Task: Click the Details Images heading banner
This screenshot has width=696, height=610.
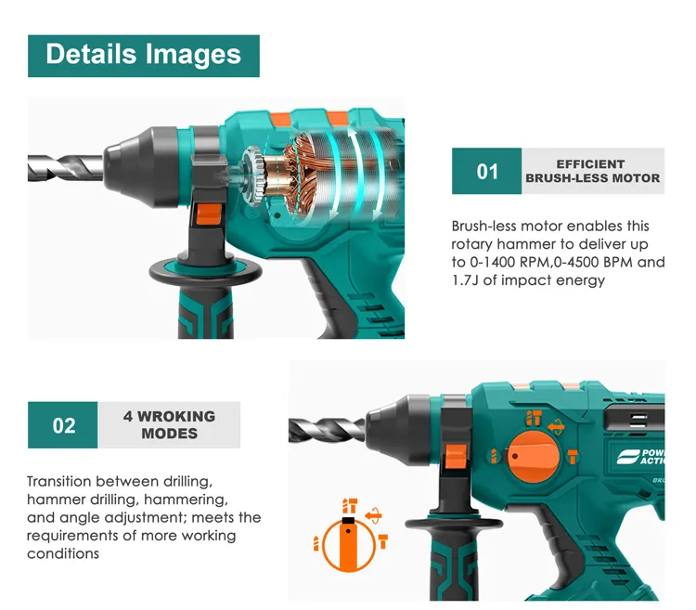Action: click(x=143, y=56)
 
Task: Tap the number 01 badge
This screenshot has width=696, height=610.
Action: click(x=486, y=171)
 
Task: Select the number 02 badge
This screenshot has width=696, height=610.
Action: click(x=62, y=425)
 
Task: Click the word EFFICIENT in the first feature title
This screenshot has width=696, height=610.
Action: click(x=590, y=164)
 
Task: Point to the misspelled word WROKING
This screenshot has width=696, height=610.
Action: click(x=176, y=417)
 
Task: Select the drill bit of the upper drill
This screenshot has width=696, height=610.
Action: click(x=66, y=168)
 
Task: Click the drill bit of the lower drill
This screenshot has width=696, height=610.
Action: click(x=328, y=430)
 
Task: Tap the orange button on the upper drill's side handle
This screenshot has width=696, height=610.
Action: click(x=209, y=214)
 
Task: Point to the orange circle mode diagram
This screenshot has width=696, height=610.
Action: click(x=348, y=545)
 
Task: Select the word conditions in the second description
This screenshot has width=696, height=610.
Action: click(x=63, y=553)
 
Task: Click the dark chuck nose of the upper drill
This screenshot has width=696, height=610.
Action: click(x=141, y=167)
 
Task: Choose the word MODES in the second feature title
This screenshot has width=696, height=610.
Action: click(x=170, y=434)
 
